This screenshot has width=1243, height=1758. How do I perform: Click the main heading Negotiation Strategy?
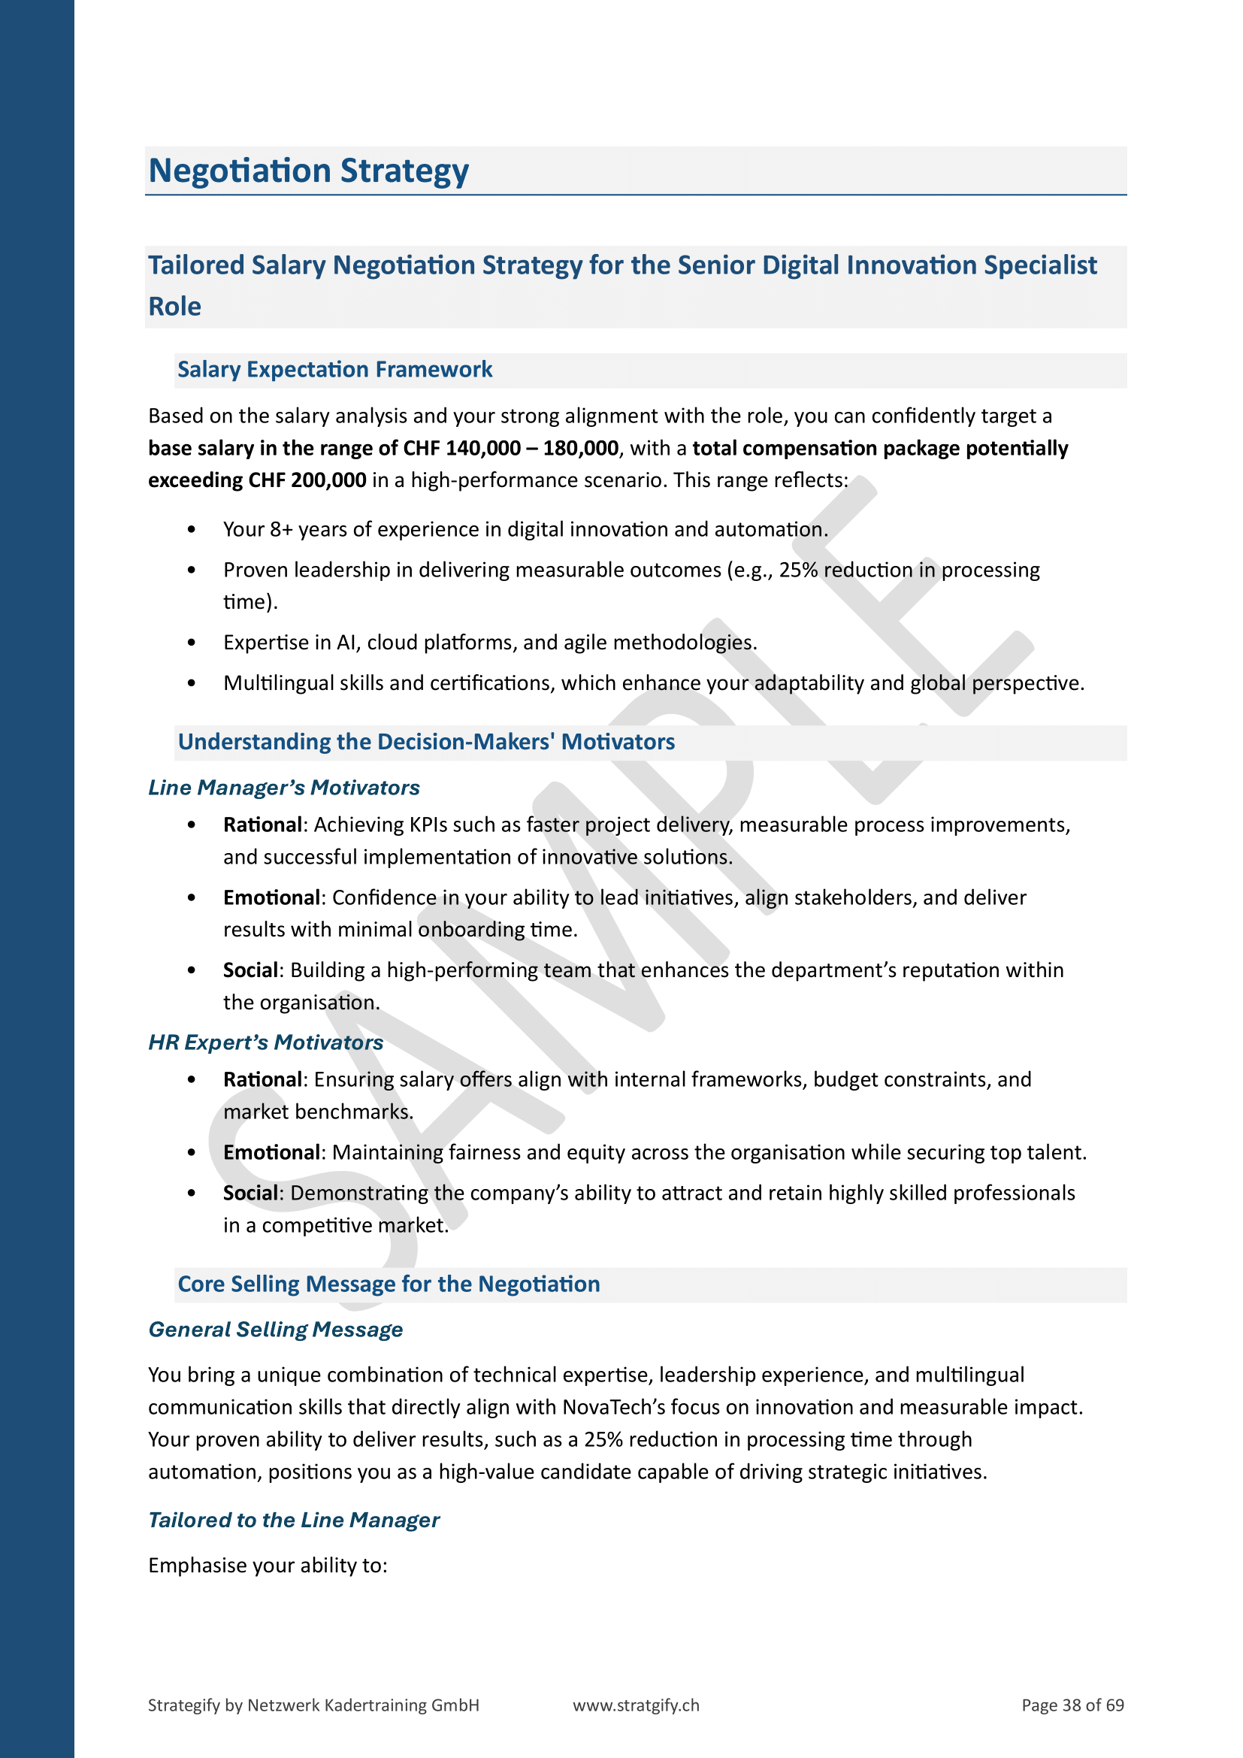tap(307, 171)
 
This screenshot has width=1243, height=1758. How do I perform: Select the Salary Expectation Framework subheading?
tap(334, 370)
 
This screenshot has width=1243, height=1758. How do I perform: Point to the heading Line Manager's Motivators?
tap(283, 787)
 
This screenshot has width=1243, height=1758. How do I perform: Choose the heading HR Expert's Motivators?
tap(265, 1042)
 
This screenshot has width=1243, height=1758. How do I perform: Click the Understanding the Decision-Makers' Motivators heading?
tap(425, 742)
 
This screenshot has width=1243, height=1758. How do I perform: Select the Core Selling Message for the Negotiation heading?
tap(388, 1284)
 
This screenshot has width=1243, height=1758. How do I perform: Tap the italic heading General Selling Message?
tap(275, 1330)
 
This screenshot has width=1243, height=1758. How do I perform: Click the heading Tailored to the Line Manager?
tap(293, 1520)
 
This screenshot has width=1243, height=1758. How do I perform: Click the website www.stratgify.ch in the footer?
tap(635, 1705)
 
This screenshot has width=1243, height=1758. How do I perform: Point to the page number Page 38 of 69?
tap(1072, 1705)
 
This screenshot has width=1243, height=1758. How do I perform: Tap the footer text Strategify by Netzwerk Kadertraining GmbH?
tap(313, 1705)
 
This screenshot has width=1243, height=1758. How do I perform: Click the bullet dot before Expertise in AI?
tap(192, 643)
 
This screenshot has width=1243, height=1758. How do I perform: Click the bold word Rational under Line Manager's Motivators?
tap(262, 825)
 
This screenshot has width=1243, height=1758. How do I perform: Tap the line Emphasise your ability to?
tap(267, 1565)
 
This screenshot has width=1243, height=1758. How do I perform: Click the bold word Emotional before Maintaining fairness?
tap(272, 1152)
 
